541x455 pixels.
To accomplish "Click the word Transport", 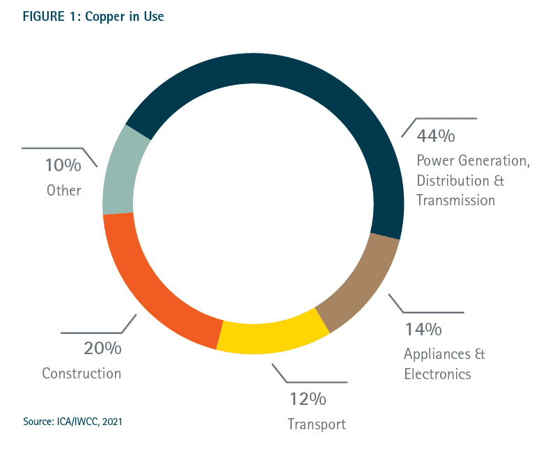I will point(316,424).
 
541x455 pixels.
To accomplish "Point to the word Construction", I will point(81,374).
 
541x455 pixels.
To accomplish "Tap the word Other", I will point(64,190).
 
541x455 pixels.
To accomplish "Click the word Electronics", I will point(437,374).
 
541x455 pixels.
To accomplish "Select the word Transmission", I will point(455,200).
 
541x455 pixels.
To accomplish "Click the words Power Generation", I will point(473,161).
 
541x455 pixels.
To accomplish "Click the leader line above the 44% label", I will point(446,118).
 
